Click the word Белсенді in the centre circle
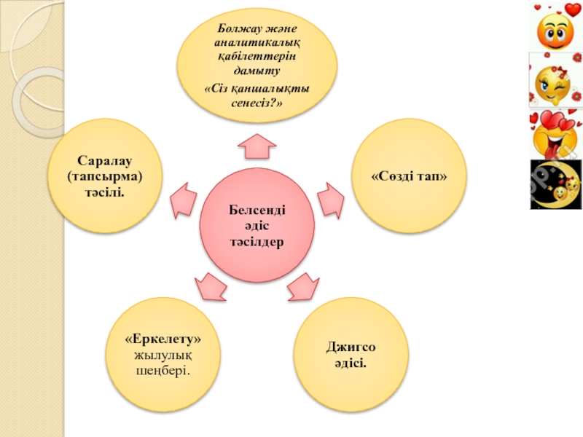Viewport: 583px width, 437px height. [x=257, y=210]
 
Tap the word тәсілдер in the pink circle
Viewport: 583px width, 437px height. [x=257, y=241]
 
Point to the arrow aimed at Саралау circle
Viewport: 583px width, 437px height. [x=183, y=199]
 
